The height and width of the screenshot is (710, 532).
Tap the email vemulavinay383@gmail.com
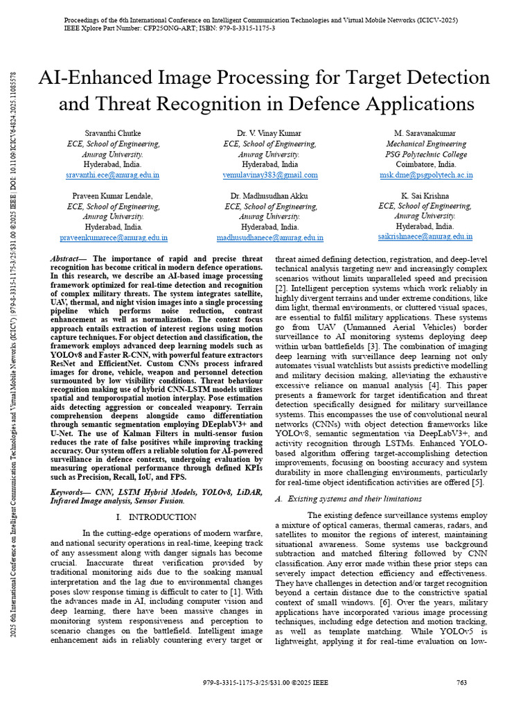click(270, 175)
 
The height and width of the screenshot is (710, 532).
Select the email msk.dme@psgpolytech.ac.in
click(426, 175)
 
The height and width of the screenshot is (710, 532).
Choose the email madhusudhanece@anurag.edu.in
click(270, 237)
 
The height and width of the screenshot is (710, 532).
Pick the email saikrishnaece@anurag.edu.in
click(426, 237)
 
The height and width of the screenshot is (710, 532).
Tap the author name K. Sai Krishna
click(426, 196)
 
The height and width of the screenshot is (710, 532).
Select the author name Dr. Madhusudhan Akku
click(270, 196)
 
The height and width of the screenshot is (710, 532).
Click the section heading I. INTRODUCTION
click(157, 517)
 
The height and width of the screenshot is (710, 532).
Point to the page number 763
click(462, 683)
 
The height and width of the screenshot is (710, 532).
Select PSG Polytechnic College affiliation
click(426, 155)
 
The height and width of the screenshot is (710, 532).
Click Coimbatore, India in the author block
click(426, 165)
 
